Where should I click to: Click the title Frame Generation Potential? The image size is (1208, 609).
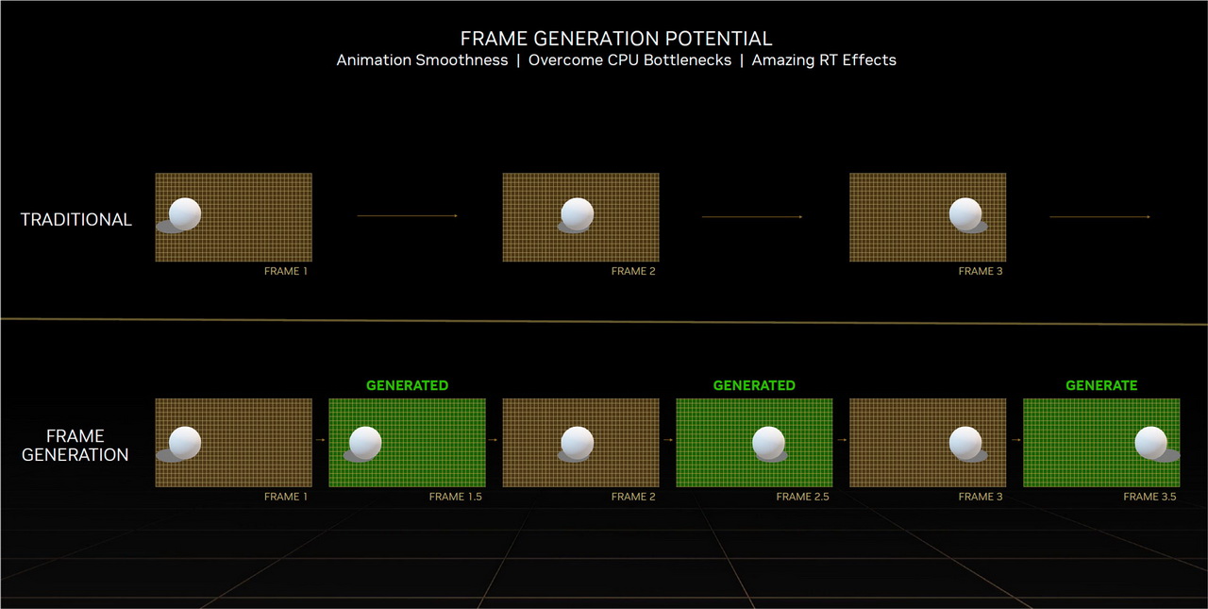(x=616, y=39)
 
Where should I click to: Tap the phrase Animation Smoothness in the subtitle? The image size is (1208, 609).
(x=422, y=59)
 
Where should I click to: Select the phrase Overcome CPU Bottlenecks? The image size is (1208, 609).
(x=629, y=59)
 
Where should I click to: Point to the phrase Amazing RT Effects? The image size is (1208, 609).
(x=824, y=59)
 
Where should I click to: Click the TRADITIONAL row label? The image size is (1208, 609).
(x=76, y=220)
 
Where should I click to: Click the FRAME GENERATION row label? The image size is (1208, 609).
(x=75, y=445)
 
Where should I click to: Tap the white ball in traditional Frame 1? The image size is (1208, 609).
(x=185, y=213)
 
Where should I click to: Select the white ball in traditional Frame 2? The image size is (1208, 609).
(x=577, y=213)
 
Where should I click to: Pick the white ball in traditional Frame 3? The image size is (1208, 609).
(x=965, y=213)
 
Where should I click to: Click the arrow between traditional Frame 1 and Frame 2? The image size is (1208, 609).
(x=407, y=216)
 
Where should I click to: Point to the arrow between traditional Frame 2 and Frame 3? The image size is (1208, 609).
(x=752, y=217)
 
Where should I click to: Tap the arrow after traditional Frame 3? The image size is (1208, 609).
(x=1100, y=217)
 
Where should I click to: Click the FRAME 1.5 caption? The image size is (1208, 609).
(x=456, y=497)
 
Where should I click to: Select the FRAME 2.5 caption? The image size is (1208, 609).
(x=802, y=497)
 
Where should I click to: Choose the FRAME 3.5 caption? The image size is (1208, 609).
(x=1149, y=497)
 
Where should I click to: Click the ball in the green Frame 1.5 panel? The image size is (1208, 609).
(x=365, y=443)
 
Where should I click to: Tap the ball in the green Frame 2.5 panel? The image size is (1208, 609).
(x=768, y=443)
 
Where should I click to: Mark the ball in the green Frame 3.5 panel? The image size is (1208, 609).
(x=1150, y=443)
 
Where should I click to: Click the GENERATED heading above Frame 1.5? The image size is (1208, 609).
(x=407, y=385)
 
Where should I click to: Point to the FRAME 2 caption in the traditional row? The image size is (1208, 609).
(x=633, y=271)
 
